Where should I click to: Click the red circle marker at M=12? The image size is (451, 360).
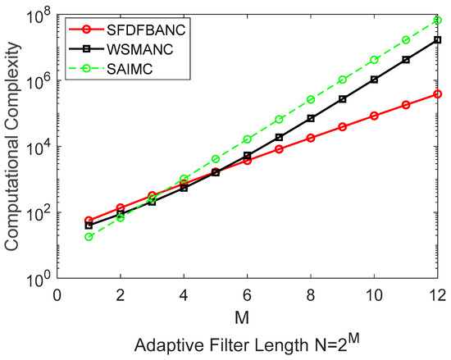coord(438,93)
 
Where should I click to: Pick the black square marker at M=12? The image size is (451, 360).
coord(438,39)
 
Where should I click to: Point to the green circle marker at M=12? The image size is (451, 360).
coord(438,20)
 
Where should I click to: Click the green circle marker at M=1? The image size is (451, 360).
coord(89,237)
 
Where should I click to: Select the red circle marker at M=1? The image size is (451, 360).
coord(89,221)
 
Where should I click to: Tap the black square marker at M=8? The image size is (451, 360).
coord(311,118)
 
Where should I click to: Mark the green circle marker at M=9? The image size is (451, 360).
coord(343,80)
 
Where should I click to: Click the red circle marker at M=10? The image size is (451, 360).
coord(375,116)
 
